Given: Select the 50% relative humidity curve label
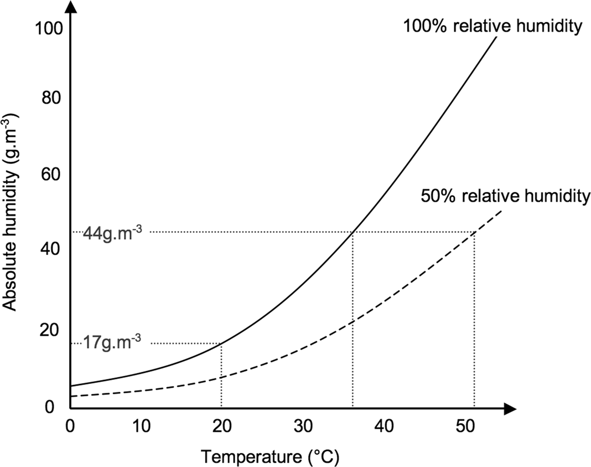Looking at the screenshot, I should point(504,196).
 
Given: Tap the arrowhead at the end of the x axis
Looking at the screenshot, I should point(510,410).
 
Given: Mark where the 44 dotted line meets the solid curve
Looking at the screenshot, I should point(352,232).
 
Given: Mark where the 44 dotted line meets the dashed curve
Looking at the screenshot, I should point(474,232).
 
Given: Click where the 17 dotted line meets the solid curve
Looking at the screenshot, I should point(221,343).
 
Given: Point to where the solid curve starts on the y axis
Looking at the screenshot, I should point(71,386).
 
